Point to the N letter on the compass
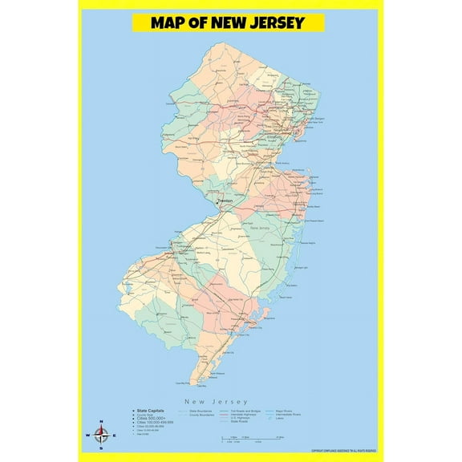point(100,423)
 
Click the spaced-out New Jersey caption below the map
point(216,401)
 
